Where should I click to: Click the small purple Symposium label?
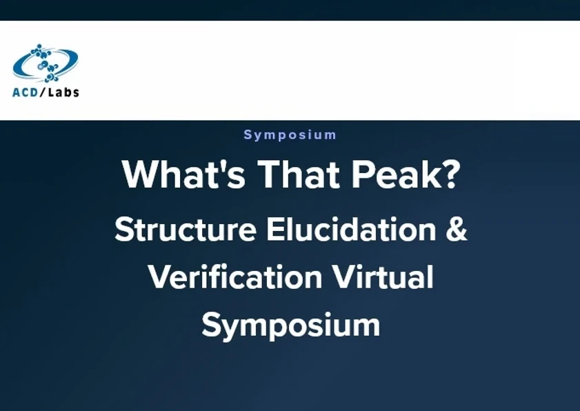click(x=290, y=135)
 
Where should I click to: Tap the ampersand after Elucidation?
click(x=457, y=230)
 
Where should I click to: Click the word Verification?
click(x=234, y=277)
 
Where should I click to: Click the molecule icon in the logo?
click(x=46, y=63)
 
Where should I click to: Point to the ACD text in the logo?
click(x=27, y=92)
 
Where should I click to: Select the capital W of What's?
click(x=137, y=175)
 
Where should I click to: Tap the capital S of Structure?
click(x=123, y=230)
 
